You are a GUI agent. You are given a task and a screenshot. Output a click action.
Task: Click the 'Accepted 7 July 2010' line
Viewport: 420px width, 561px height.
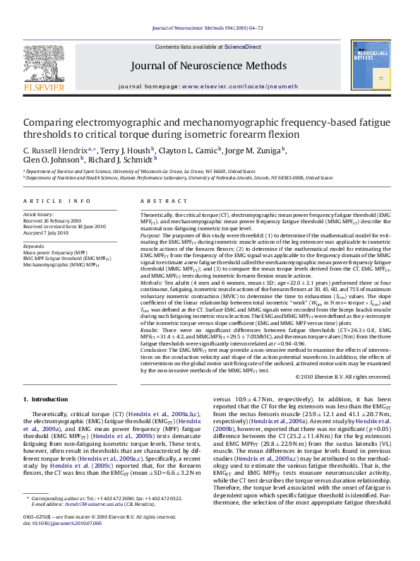[48, 232]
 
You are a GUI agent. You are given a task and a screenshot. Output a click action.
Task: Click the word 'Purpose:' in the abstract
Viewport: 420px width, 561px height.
[151, 235]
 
